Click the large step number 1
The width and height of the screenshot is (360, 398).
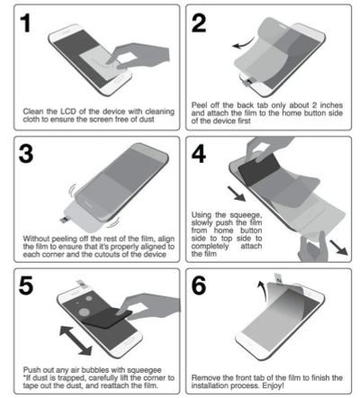[x=26, y=23]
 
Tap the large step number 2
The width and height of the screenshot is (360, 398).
[x=199, y=23]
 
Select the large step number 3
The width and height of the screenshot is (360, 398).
[x=26, y=154]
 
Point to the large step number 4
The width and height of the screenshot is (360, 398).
[x=199, y=154]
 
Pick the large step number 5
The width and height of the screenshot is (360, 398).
[x=26, y=285]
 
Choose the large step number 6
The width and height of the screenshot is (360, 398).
[x=199, y=285]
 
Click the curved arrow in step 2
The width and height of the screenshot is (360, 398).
[x=243, y=43]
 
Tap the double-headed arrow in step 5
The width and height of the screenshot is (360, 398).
[x=76, y=341]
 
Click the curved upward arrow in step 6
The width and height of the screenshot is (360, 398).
[x=262, y=290]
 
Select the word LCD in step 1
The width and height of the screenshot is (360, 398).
[x=68, y=112]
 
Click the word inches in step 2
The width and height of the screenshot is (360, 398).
[x=331, y=105]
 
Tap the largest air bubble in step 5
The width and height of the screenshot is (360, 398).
[x=85, y=312]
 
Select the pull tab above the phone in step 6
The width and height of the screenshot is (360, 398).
[x=279, y=278]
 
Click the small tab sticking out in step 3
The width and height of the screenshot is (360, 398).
[x=64, y=220]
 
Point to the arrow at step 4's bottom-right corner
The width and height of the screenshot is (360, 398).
[x=338, y=247]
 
